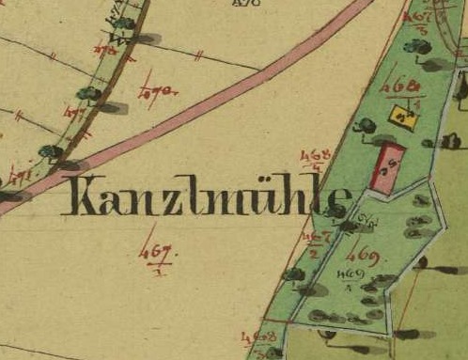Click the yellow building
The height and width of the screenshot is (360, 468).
coord(403,117)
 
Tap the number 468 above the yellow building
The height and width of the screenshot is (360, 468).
coord(401,86)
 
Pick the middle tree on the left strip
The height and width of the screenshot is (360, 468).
coord(88,93)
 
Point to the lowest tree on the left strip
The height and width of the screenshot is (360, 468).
coord(49,150)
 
